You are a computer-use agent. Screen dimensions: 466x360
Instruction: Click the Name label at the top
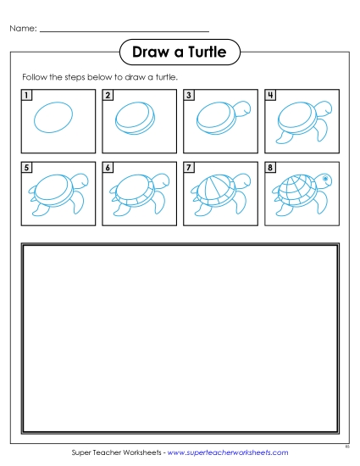(x=23, y=29)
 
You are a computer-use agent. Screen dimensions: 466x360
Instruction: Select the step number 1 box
(x=27, y=95)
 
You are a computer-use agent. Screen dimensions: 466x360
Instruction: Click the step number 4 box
(x=270, y=95)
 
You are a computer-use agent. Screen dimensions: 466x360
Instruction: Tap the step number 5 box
(x=27, y=168)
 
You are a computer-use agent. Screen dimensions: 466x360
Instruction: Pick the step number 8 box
(x=270, y=168)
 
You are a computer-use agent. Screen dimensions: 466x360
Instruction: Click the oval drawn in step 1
(x=53, y=116)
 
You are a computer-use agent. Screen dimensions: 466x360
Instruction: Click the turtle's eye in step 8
(x=325, y=180)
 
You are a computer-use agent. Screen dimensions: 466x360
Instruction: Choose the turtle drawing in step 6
(x=136, y=192)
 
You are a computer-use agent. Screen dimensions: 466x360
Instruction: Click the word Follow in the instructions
(x=33, y=77)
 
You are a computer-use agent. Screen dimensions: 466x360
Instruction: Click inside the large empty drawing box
(x=180, y=339)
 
